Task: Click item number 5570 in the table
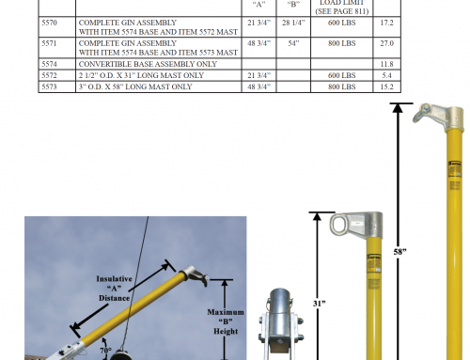point(49,23)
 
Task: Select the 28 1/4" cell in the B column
point(293,23)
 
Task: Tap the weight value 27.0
point(386,43)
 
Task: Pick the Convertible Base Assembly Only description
point(148,64)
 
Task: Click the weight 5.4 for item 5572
point(386,75)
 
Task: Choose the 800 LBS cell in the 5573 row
point(341,86)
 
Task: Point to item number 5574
point(49,64)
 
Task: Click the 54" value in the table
point(293,43)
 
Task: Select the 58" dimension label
point(399,252)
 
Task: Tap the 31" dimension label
point(319,304)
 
